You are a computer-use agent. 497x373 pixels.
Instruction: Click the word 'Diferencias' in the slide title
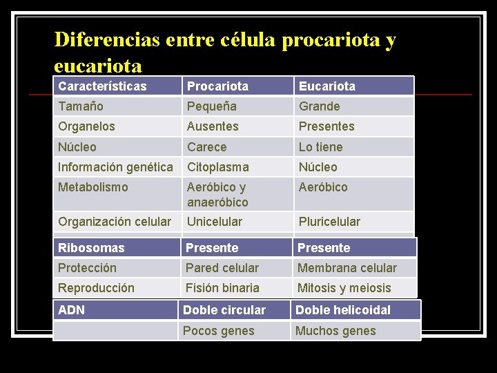[106, 39]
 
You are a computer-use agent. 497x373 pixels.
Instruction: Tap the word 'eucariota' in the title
[98, 66]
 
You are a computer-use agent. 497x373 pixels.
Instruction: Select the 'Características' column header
[102, 86]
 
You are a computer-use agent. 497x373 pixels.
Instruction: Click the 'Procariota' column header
[217, 86]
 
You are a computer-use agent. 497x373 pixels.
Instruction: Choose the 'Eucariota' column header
[327, 86]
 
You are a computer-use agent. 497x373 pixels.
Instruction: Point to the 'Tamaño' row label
[81, 106]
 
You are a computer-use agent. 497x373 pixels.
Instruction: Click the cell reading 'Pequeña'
[212, 106]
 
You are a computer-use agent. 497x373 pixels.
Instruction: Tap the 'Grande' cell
[320, 106]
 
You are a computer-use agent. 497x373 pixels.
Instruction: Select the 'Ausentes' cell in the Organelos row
[213, 126]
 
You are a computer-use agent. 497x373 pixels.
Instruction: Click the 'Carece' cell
[207, 147]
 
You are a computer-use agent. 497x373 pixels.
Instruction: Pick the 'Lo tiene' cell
[320, 147]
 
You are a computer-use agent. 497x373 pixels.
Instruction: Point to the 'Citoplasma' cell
[218, 167]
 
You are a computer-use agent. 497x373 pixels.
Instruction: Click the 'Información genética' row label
[115, 167]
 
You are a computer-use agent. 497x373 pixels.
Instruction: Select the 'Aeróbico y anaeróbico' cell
[217, 195]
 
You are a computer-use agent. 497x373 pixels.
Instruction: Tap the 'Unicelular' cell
[215, 222]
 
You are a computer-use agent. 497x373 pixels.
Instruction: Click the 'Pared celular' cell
[222, 268]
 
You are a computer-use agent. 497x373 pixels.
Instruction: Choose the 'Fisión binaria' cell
[223, 288]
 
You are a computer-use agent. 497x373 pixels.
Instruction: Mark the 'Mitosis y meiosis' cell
[344, 288]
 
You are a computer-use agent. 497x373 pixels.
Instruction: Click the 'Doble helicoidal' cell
[343, 310]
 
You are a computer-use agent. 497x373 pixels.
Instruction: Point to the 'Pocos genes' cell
[219, 331]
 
